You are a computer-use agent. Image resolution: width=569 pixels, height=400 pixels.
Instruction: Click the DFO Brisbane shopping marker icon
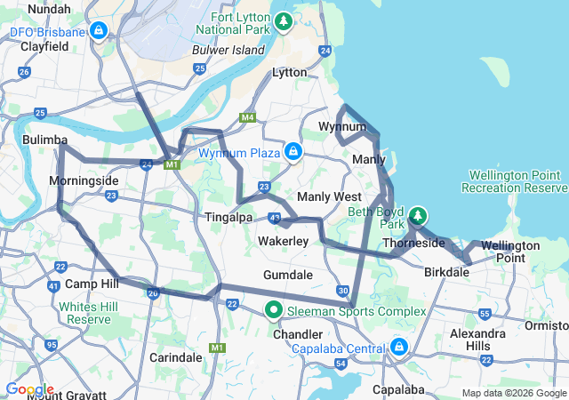click(x=99, y=33)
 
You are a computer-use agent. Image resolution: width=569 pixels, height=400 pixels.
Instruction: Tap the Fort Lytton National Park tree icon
click(x=283, y=20)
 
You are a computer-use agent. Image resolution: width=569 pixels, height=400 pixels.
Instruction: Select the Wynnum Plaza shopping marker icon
click(x=293, y=152)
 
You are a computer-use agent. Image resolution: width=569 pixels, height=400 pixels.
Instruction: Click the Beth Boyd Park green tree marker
click(x=417, y=216)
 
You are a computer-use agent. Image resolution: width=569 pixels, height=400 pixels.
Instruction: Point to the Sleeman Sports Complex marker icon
click(x=274, y=311)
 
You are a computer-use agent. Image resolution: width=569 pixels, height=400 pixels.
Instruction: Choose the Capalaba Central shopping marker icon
click(x=399, y=346)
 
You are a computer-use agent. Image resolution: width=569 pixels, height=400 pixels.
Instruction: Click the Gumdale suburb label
click(x=287, y=275)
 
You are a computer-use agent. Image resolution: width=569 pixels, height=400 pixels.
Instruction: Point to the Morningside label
click(x=84, y=180)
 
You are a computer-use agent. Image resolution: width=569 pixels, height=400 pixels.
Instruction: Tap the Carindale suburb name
click(x=176, y=356)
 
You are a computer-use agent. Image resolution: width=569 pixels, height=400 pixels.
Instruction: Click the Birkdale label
click(x=447, y=272)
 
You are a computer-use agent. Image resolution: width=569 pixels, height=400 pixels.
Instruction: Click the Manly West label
click(x=329, y=196)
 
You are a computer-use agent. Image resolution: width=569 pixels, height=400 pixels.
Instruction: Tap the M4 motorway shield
click(x=246, y=117)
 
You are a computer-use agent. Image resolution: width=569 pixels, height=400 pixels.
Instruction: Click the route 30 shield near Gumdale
click(x=343, y=291)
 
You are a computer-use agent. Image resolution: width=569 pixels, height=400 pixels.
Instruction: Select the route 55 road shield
click(x=485, y=314)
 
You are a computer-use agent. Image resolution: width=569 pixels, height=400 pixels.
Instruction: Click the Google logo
click(x=28, y=389)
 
